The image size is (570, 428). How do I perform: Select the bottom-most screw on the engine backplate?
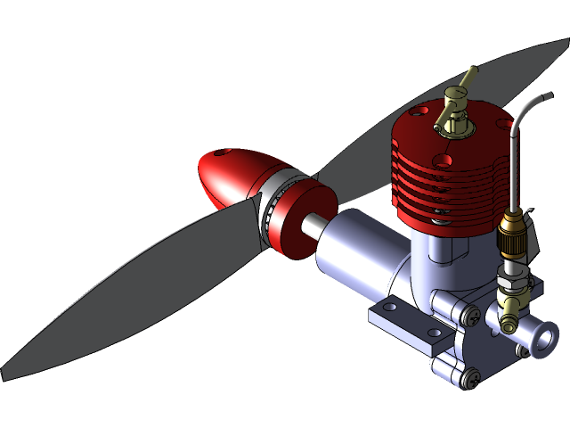pyautogui.click(x=470, y=381)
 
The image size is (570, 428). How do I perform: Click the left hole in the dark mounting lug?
pyautogui.click(x=389, y=307)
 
